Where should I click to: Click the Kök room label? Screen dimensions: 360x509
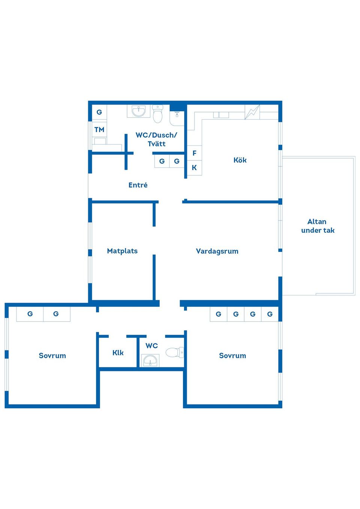tap(240, 160)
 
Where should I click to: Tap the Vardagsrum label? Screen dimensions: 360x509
tap(217, 251)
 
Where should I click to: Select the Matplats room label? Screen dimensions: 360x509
tap(122, 251)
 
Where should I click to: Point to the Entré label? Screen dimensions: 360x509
tap(138, 185)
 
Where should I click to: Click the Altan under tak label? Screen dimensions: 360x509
tap(318, 226)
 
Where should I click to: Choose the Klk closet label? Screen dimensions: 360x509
tap(118, 353)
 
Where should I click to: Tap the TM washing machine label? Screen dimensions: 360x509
tap(99, 130)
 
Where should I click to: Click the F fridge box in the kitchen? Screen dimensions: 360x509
tap(194, 153)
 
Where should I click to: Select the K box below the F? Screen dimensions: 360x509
tap(194, 168)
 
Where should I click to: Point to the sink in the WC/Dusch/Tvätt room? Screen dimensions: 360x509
tap(138, 111)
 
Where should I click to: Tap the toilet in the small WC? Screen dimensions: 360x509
tap(174, 352)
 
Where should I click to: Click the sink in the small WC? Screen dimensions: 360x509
tap(150, 361)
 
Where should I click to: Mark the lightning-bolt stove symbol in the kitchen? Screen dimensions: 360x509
tap(252, 112)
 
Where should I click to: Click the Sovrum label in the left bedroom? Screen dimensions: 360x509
tap(52, 355)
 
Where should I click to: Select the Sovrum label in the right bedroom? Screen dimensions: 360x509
tap(232, 355)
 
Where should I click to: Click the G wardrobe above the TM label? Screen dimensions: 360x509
tap(99, 112)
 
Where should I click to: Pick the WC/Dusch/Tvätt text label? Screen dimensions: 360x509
tap(156, 139)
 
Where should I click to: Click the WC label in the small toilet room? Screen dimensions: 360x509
tap(151, 346)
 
